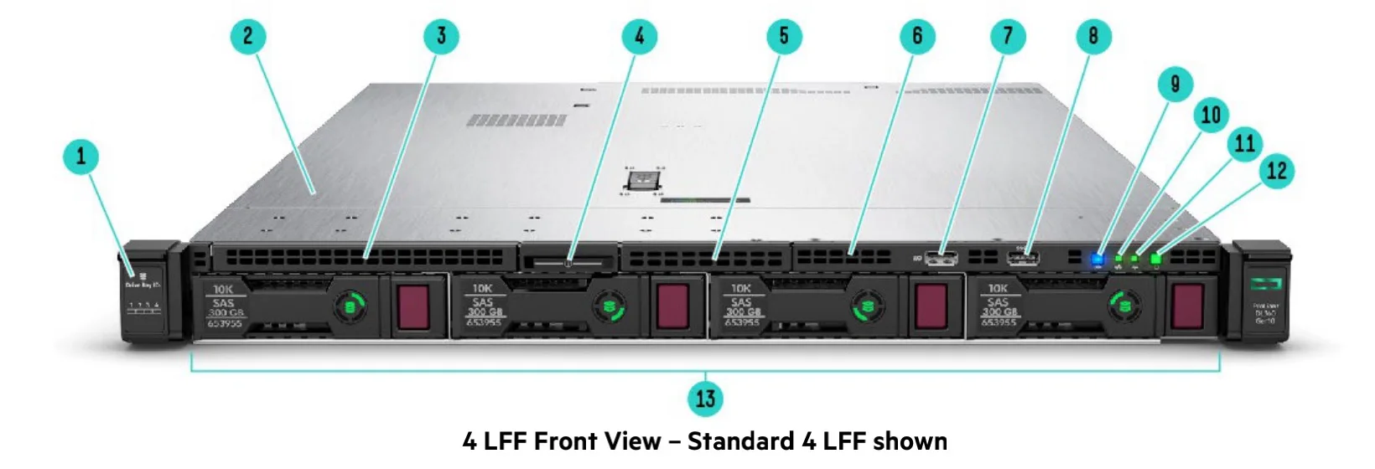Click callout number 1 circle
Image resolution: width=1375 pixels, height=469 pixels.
pos(81,157)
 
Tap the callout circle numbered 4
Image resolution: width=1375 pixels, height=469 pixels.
pos(640,37)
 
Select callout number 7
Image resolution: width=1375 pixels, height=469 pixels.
pos(1008,37)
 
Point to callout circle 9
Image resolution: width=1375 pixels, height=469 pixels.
pos(1175,85)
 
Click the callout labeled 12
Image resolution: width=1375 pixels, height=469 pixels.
pos(1276,172)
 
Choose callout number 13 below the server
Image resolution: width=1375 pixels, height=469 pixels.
pos(705,399)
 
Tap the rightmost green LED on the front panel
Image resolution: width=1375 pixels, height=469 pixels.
pos(1156,259)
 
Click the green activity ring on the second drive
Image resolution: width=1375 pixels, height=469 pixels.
pos(610,307)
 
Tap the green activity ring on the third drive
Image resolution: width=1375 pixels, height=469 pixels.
pos(867,307)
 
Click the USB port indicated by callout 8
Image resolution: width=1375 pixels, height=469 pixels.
pos(1024,256)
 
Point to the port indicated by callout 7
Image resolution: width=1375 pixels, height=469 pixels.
pos(942,257)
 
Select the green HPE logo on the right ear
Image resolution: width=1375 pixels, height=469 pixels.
pos(1265,284)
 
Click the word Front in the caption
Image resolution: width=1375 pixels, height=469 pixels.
pos(568,441)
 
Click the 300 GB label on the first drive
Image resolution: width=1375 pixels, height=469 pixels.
pos(226,312)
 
